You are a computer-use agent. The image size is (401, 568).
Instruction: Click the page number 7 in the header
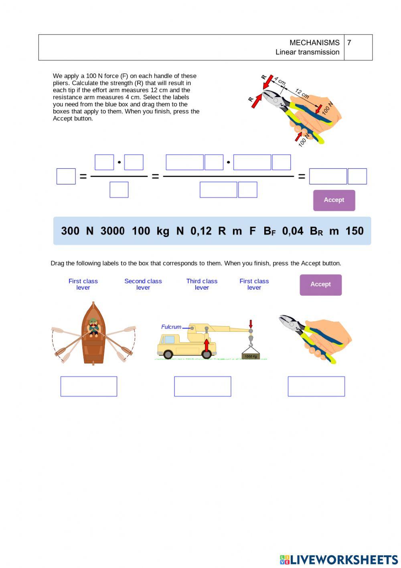click(x=349, y=43)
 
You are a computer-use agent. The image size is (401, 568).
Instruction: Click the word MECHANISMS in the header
click(x=314, y=43)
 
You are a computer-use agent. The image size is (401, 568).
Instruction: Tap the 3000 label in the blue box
click(x=112, y=231)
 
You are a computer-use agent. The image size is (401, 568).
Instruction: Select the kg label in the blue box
click(x=163, y=231)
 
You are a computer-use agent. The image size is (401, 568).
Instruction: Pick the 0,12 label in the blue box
click(x=201, y=231)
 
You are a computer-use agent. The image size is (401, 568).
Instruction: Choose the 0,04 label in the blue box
click(x=293, y=231)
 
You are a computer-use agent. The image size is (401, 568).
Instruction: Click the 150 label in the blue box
click(x=354, y=231)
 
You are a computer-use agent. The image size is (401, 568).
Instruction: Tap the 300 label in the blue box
click(x=70, y=231)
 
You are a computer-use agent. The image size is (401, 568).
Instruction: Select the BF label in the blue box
click(x=269, y=231)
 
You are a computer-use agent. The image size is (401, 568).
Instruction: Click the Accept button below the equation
click(x=334, y=200)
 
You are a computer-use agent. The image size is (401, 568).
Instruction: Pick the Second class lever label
click(x=143, y=284)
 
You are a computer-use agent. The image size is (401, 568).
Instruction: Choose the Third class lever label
click(x=202, y=284)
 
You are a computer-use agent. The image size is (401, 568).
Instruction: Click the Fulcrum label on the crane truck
click(x=171, y=327)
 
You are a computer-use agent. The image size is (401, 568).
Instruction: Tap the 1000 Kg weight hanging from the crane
click(x=251, y=356)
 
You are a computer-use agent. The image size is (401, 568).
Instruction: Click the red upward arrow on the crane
click(x=207, y=345)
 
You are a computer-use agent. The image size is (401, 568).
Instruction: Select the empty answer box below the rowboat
click(x=89, y=386)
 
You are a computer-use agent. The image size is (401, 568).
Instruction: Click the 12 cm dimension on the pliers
click(x=302, y=94)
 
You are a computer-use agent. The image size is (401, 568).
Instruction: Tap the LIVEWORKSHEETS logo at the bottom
click(x=339, y=560)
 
